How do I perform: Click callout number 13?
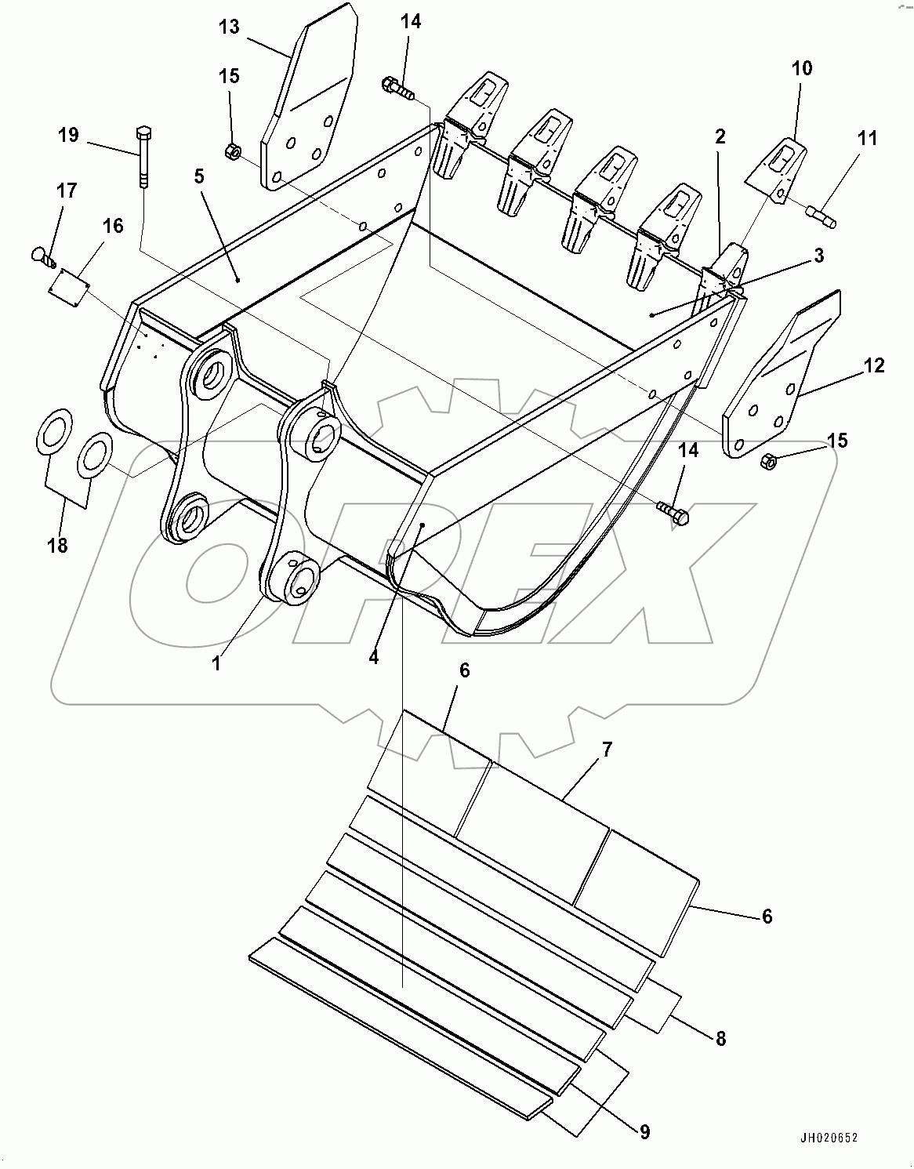pos(228,27)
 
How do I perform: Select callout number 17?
pos(66,191)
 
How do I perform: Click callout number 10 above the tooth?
pos(802,68)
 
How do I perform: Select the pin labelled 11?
pos(821,217)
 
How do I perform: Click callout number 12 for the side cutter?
pos(874,365)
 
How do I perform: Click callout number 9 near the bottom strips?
pos(644,1131)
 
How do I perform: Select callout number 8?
pos(720,1040)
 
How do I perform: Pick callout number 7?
pos(607,749)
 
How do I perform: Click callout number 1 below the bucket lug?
pos(216,663)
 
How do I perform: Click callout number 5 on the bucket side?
pos(199,176)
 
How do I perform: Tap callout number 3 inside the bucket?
pos(818,256)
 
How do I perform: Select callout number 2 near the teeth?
pos(720,137)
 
